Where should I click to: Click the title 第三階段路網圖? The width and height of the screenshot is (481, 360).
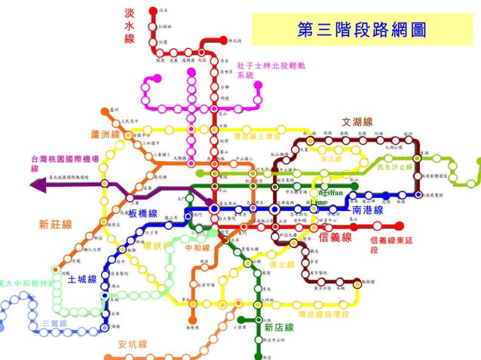362,29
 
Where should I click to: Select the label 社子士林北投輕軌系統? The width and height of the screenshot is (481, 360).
271,71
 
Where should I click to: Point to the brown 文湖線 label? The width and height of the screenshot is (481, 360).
357,122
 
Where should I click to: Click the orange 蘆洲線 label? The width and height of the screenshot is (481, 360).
106,134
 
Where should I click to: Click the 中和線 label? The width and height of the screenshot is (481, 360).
197,247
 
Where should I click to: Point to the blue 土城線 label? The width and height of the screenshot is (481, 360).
81,279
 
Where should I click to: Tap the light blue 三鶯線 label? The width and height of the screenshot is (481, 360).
54,323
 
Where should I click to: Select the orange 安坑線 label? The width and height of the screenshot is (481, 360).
133,344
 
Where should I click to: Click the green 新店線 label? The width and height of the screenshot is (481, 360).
278,328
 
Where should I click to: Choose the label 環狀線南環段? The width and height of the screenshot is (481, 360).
323,313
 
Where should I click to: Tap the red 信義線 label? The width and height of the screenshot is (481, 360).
336,238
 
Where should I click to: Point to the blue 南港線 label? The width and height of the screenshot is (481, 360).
367,212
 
